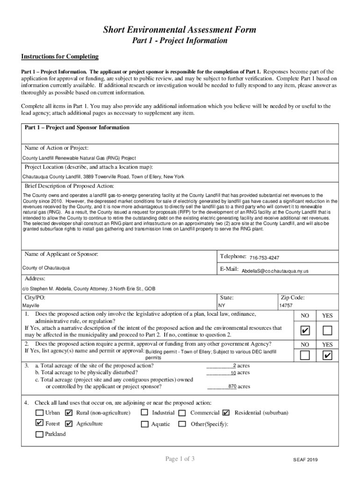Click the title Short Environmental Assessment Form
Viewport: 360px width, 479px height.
[x=180, y=30]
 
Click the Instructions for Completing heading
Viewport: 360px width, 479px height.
[x=60, y=57]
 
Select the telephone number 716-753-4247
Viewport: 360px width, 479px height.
[x=265, y=258]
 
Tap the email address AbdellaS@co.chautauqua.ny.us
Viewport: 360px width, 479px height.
[x=275, y=271]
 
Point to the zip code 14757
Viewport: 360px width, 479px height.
[x=286, y=305]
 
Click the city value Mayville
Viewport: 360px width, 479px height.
[x=31, y=305]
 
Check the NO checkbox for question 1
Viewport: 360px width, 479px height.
[x=305, y=331]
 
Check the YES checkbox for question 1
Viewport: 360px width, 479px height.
[x=327, y=331]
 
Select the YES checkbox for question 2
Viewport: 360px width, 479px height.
[x=327, y=356]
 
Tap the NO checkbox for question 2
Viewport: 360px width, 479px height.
[x=305, y=356]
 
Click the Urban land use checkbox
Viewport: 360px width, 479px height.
[x=40, y=413]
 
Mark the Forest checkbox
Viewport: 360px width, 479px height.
[x=40, y=423]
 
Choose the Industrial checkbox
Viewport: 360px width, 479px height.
[x=144, y=413]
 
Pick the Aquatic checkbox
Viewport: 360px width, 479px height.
[x=144, y=424]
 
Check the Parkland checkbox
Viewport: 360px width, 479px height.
[x=40, y=434]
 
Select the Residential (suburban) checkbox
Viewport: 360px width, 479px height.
[x=226, y=413]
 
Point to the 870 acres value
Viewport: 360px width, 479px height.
[x=232, y=387]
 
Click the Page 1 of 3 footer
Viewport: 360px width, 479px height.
[x=180, y=459]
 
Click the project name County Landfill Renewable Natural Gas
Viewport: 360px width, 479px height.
[x=79, y=158]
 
